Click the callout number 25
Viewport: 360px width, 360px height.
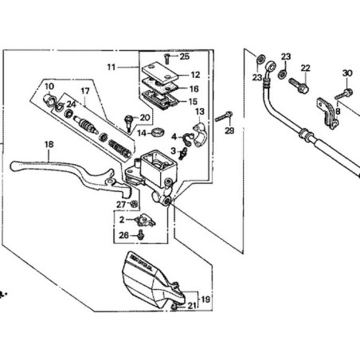[184, 57]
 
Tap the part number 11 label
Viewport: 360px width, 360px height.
[112, 68]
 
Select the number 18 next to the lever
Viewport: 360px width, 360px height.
[49, 144]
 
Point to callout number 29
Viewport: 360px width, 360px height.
[229, 131]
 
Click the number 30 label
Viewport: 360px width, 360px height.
[346, 74]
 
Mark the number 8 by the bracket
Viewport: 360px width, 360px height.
[337, 112]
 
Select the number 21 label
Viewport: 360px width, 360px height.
[190, 306]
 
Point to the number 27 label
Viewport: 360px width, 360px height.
[122, 205]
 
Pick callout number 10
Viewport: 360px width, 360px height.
[49, 85]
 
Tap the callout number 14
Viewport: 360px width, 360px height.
[142, 133]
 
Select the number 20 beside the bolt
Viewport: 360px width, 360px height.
[144, 118]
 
